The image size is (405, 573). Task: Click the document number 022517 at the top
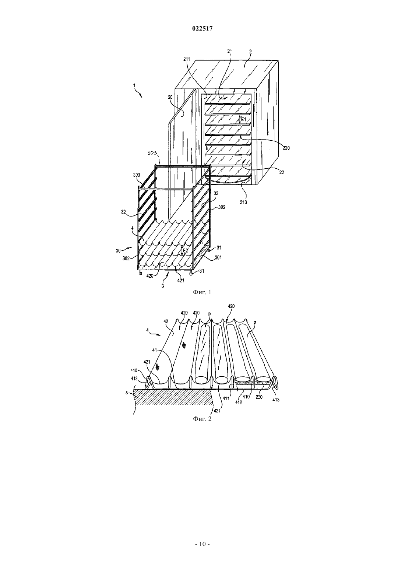(x=202, y=29)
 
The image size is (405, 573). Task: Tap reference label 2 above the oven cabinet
(x=251, y=52)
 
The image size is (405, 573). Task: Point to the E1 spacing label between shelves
(x=244, y=119)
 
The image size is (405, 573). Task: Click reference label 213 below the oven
(x=243, y=202)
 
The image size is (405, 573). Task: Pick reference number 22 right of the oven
(x=282, y=173)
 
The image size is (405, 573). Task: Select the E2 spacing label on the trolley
(x=185, y=251)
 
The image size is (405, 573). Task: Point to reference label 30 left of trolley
(x=118, y=251)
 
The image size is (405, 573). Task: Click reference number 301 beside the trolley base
(x=218, y=258)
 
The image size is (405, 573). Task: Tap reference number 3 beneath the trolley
(x=163, y=286)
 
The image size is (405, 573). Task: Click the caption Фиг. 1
(x=202, y=292)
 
